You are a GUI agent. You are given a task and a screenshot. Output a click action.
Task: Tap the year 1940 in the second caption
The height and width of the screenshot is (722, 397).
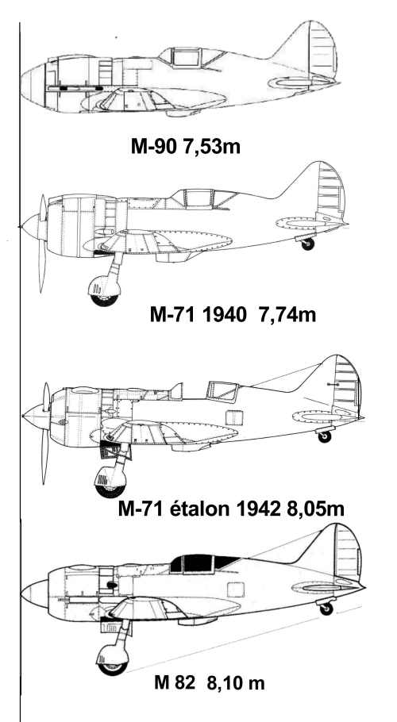[x=220, y=316]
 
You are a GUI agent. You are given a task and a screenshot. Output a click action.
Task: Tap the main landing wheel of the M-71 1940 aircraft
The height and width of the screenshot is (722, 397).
[x=105, y=291]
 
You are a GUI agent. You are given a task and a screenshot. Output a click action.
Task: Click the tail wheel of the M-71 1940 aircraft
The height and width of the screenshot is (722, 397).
[x=307, y=244]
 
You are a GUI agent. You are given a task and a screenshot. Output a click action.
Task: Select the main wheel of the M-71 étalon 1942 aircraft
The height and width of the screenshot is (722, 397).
[x=110, y=482]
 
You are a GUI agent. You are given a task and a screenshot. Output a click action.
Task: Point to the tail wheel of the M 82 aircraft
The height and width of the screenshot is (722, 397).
[x=326, y=609]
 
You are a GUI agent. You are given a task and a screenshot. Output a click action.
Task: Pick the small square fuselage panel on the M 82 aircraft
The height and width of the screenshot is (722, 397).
[x=235, y=590]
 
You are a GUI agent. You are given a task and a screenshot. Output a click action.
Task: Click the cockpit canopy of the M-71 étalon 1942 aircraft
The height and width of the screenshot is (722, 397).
[x=222, y=391]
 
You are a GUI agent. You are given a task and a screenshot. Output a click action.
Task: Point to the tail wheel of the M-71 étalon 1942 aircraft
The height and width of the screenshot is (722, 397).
[x=325, y=436]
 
